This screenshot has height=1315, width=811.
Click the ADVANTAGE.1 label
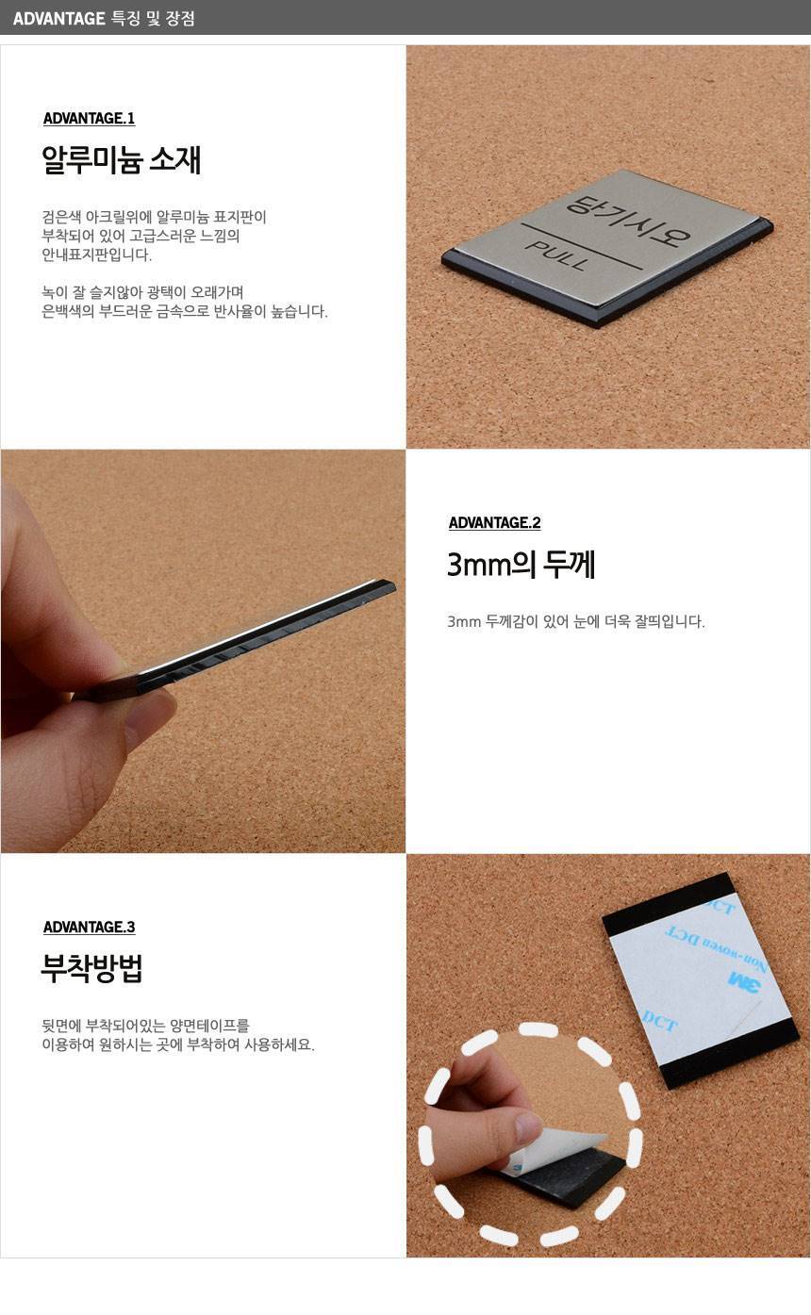coord(90,119)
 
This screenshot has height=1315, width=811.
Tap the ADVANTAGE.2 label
coord(494,522)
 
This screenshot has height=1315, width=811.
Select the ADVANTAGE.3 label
coord(90,927)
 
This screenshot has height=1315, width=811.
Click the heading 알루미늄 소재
coord(122,160)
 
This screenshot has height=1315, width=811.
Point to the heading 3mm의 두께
coord(521,565)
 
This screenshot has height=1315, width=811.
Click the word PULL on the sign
coord(556,255)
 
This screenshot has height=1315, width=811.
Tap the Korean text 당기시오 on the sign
coord(628,221)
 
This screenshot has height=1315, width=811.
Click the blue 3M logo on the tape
coord(744,980)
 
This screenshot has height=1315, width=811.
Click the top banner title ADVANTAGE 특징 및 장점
coord(104,18)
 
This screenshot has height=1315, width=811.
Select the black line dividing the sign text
coord(582,247)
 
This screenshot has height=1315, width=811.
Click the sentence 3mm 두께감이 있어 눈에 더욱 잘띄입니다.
coord(575,621)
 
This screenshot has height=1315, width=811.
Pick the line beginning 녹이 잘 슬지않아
coord(142,292)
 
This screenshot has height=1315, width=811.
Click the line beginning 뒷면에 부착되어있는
coord(145,1025)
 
